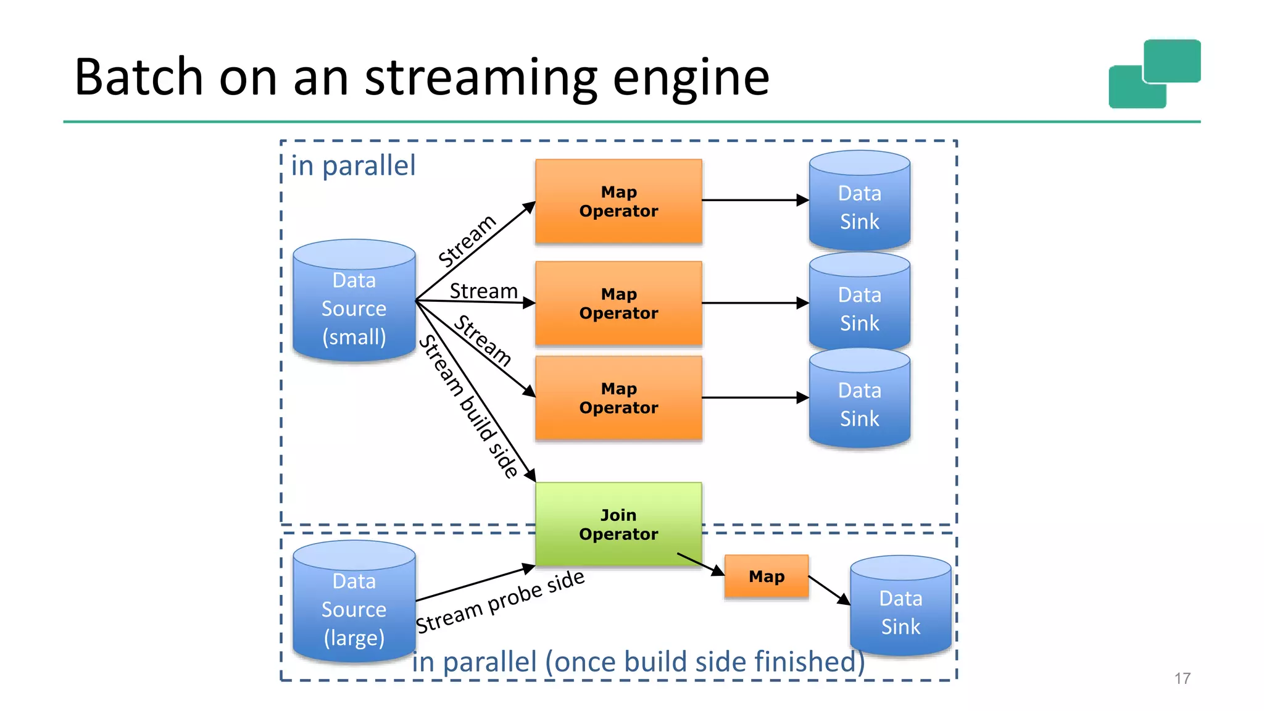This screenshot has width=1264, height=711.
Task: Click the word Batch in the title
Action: [139, 77]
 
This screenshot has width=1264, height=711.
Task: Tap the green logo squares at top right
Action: [1154, 74]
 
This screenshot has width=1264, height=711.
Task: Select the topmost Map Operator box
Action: [618, 201]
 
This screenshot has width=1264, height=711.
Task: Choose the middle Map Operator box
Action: [618, 303]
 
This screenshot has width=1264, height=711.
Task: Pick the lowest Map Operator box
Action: [618, 398]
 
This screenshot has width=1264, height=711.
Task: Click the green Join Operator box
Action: [618, 524]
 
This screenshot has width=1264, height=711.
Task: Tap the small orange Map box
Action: [766, 576]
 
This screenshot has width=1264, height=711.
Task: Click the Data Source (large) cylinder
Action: [354, 602]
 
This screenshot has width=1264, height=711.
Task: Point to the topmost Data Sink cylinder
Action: [859, 201]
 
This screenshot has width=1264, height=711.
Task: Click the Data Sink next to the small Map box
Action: [900, 606]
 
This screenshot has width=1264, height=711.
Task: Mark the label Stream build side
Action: [469, 407]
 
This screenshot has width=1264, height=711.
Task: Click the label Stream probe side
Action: [500, 602]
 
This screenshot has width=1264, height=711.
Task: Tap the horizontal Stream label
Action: [483, 291]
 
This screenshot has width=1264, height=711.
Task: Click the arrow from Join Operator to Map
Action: [701, 564]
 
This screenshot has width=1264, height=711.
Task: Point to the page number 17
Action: [1182, 678]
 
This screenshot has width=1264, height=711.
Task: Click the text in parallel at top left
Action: [353, 166]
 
